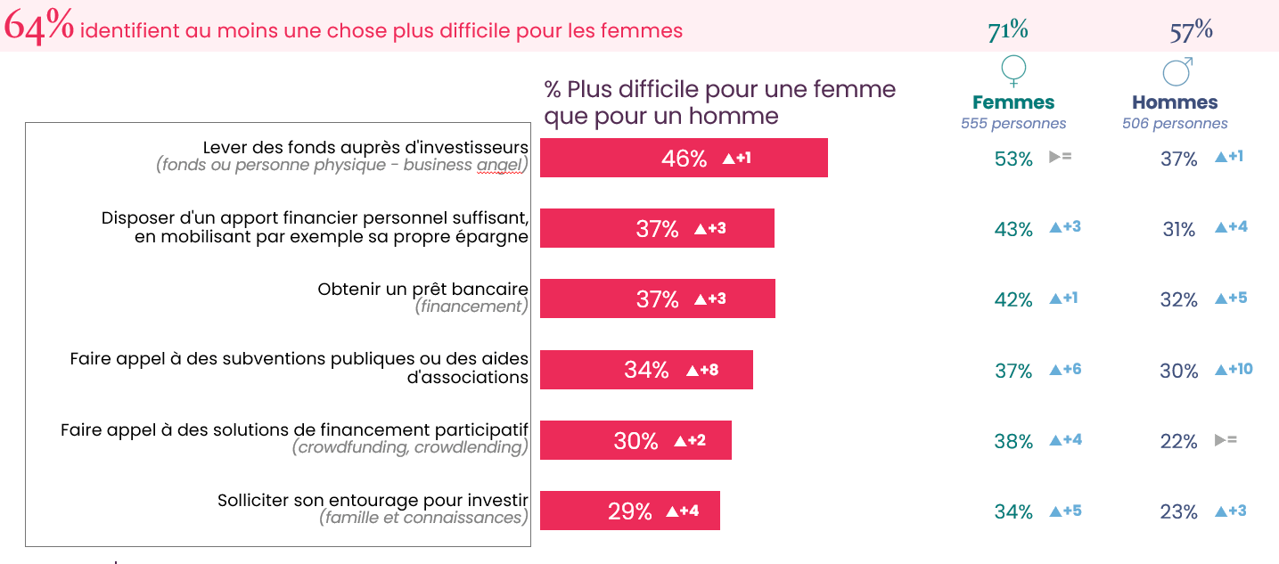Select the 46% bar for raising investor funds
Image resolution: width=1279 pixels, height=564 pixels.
[x=683, y=159]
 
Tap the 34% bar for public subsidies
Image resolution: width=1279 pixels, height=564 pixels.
[x=646, y=370]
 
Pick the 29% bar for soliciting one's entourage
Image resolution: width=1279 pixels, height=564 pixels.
[x=629, y=511]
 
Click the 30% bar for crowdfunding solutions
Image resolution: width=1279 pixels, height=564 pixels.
[x=635, y=441]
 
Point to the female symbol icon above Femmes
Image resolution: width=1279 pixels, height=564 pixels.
[x=1013, y=71]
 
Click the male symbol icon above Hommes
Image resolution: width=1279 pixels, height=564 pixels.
[x=1177, y=71]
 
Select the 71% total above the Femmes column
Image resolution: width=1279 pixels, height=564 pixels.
[x=1008, y=30]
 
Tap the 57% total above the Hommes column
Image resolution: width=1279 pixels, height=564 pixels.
[x=1191, y=31]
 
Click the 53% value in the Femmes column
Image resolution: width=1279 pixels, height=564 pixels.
[x=1013, y=159]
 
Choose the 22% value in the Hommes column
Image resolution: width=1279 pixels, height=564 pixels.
[x=1178, y=441]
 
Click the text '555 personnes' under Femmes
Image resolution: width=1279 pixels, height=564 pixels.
[x=1013, y=124]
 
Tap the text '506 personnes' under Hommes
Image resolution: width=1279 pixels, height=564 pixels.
[x=1175, y=124]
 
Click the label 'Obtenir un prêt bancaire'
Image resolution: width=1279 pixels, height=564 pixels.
[x=422, y=289]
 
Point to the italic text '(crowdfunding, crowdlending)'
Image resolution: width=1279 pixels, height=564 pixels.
[x=410, y=447]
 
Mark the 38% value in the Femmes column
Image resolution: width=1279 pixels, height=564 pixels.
[x=1013, y=441]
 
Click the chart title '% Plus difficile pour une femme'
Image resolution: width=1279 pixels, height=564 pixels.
[x=719, y=89]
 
